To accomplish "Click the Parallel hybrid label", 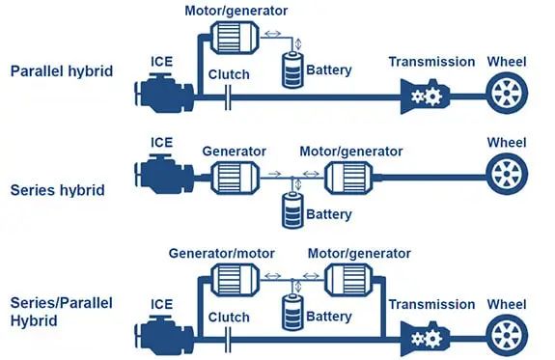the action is (x=62, y=71).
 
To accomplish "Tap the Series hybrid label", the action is (x=57, y=190).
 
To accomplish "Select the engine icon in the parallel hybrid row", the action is (x=164, y=93).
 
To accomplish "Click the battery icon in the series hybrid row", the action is (x=292, y=209).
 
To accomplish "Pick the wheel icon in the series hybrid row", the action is (x=507, y=174).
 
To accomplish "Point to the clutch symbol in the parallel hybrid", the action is (x=228, y=97).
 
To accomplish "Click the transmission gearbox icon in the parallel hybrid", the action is (x=425, y=97).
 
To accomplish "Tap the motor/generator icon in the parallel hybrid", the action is (x=235, y=38).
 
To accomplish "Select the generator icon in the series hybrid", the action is (x=235, y=178).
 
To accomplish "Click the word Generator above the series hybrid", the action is (x=234, y=152).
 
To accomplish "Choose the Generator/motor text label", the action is (x=222, y=254).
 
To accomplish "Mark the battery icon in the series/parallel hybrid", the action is (x=292, y=312).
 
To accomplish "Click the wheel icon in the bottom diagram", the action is (x=507, y=335).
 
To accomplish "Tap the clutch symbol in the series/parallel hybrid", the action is (x=228, y=340).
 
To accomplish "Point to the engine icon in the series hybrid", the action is (x=164, y=174).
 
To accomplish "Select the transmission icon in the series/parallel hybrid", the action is (x=425, y=339).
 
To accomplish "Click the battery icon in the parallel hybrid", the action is (x=292, y=69).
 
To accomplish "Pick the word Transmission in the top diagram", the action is (x=431, y=62).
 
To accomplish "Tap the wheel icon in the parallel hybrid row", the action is (x=507, y=93).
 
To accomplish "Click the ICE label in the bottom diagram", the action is (x=162, y=304).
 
